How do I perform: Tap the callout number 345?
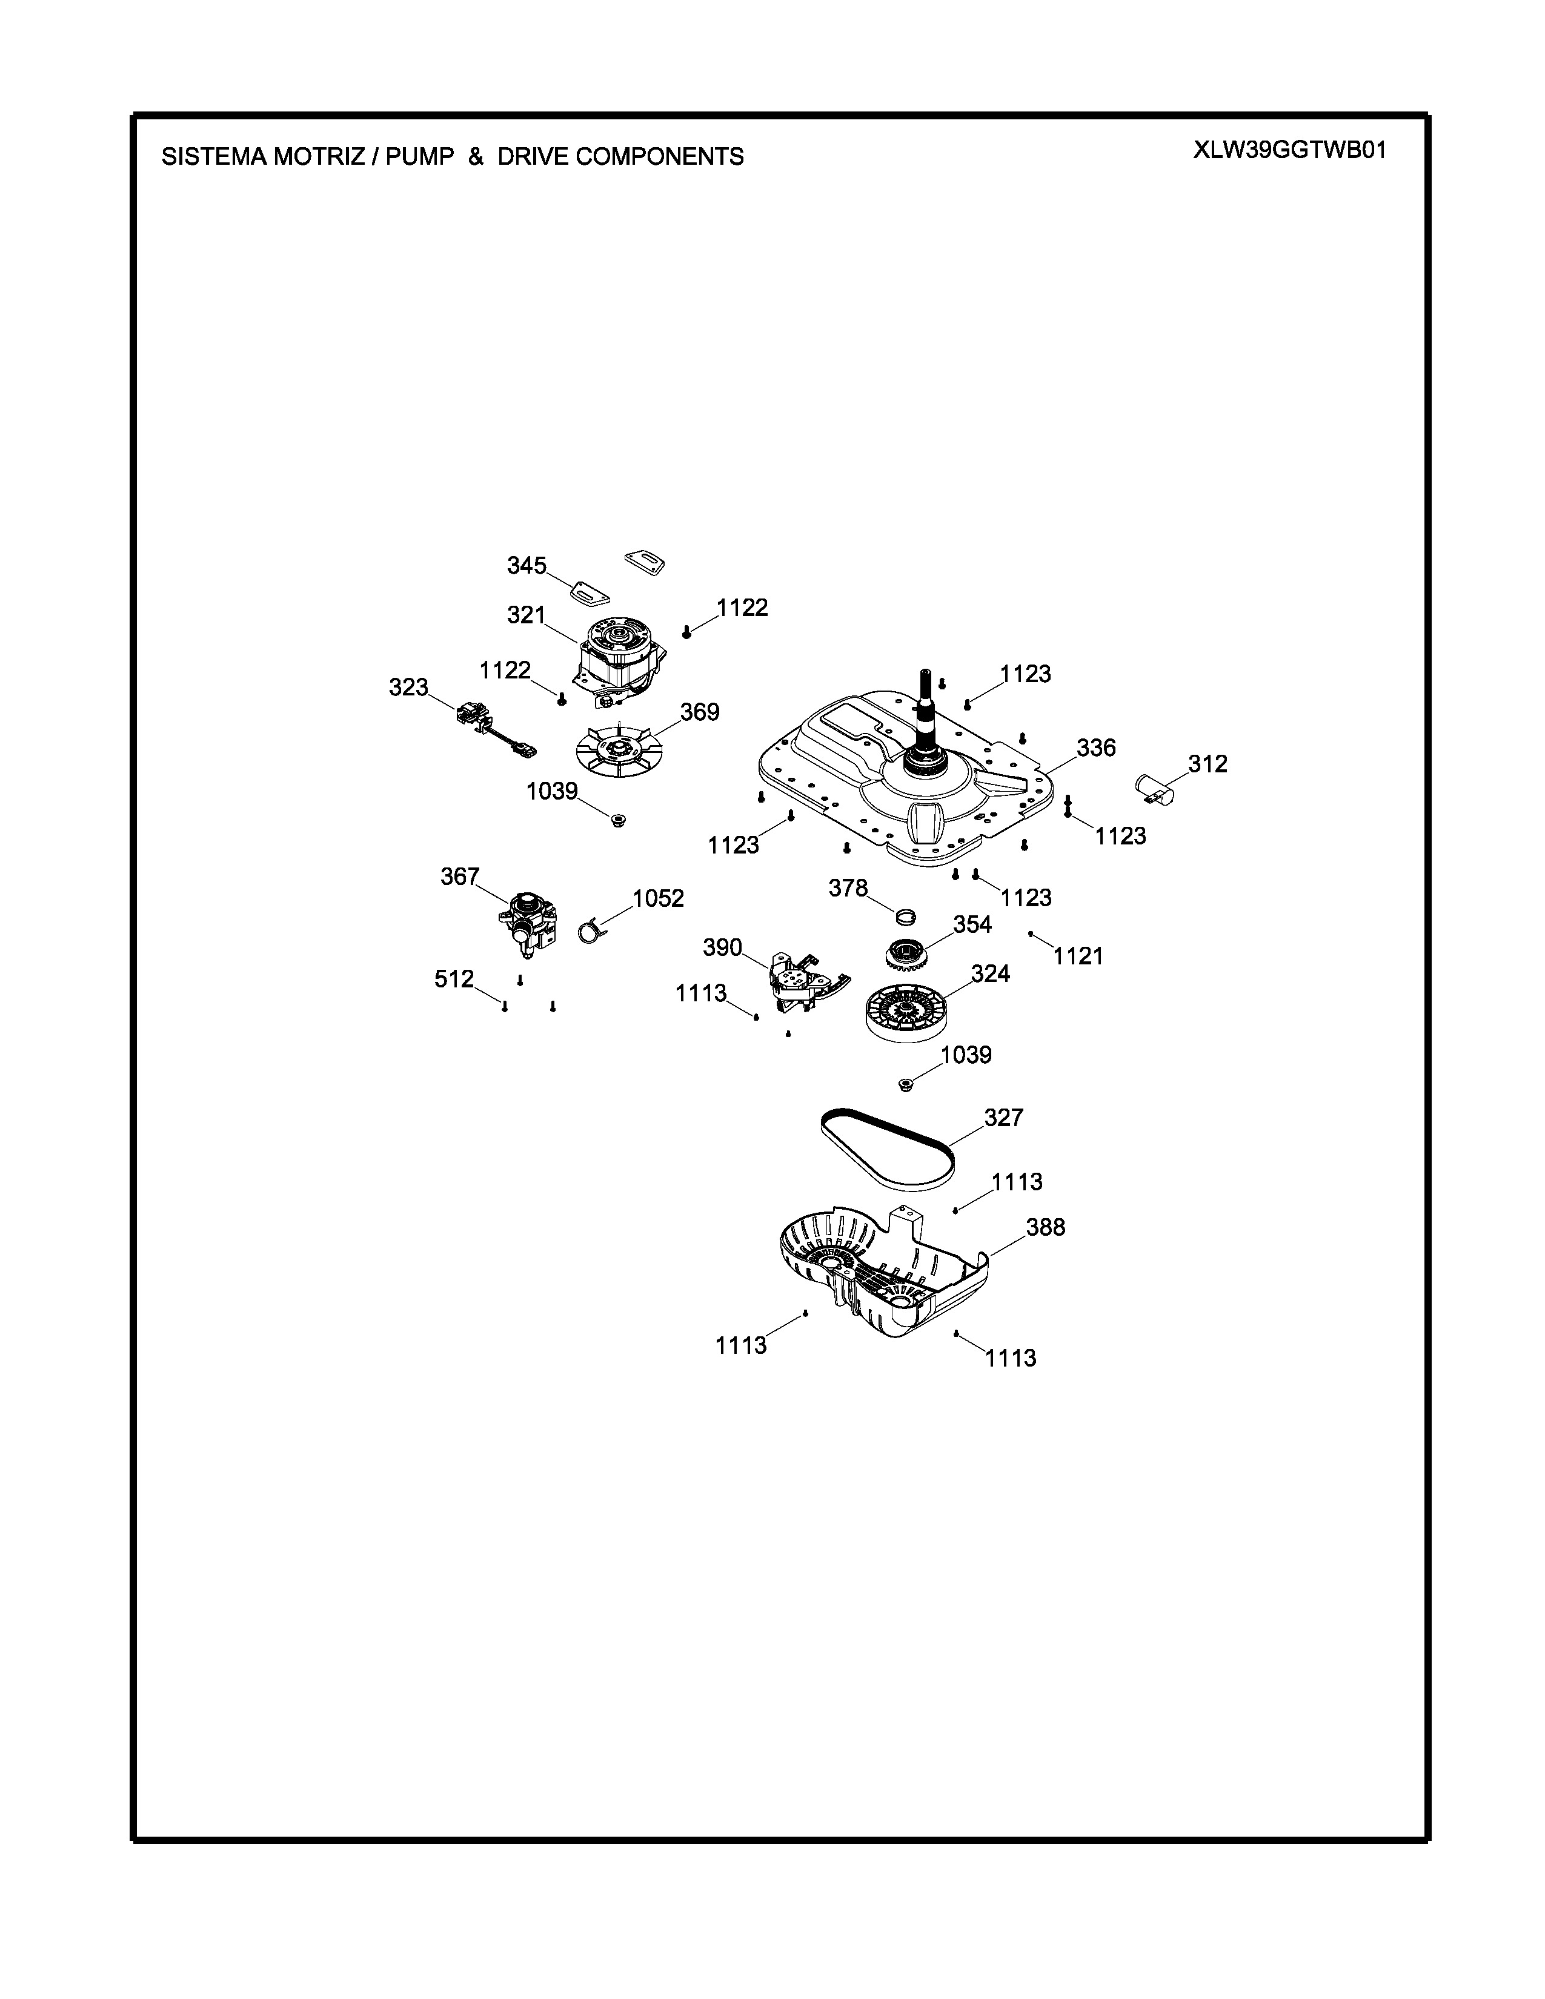(x=527, y=566)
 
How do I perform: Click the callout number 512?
(x=454, y=980)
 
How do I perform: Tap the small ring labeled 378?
(x=905, y=915)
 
